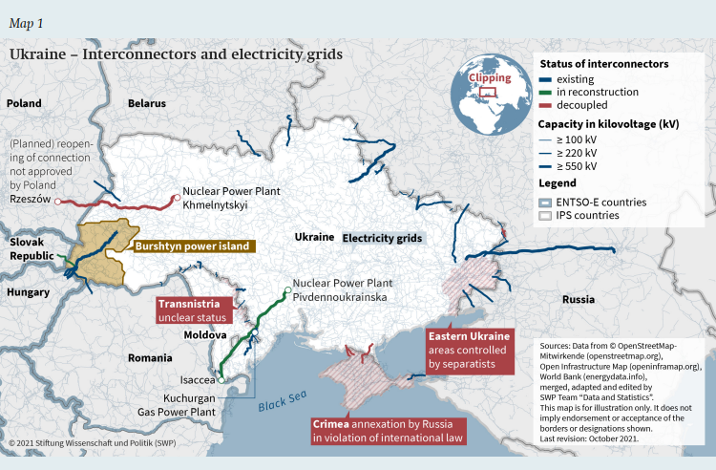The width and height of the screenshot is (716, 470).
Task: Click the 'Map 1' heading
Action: point(26,21)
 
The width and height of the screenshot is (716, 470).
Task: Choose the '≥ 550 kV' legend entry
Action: point(576,166)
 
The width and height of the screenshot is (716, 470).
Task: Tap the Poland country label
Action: point(24,103)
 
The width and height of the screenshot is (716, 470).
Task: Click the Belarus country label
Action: point(146,103)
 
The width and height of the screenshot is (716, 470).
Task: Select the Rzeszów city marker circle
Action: point(58,202)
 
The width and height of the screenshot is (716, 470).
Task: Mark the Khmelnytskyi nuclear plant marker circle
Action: point(176,198)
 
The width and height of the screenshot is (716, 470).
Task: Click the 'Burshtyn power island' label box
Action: point(192,246)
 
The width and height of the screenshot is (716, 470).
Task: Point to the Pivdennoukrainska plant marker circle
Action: point(285,290)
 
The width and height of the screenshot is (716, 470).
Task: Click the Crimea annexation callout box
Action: point(387,430)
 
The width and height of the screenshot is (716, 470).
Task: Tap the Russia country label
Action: point(579,299)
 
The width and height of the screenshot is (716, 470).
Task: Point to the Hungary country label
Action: point(29,292)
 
